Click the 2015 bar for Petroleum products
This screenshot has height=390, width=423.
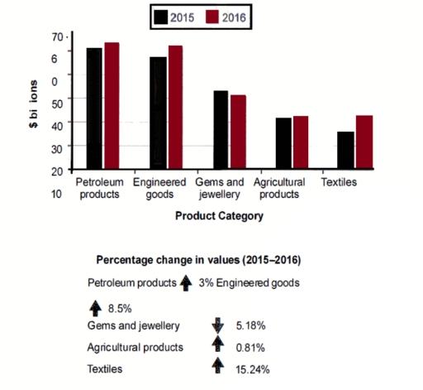click(93, 108)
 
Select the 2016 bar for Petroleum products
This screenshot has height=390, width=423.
click(112, 106)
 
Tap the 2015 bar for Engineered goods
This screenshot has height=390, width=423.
click(157, 113)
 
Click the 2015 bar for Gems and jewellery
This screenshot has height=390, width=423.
click(221, 130)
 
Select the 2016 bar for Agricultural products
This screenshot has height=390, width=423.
click(301, 142)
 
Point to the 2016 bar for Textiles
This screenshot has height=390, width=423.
click(364, 142)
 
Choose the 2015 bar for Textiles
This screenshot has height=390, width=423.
click(345, 150)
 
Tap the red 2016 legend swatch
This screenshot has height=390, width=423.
click(213, 16)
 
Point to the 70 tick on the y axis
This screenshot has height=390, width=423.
click(57, 37)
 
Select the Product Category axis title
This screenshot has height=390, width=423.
click(219, 216)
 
